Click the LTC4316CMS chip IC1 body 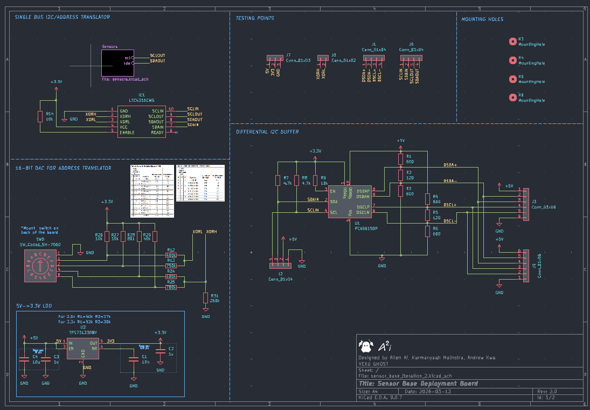tap(141, 121)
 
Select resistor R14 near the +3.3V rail tap(40, 116)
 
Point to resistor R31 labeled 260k tap(205, 298)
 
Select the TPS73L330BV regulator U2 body tap(83, 349)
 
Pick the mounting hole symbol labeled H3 tap(512, 41)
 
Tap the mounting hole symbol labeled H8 tap(512, 98)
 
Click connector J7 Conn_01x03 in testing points tap(275, 58)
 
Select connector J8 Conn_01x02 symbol tap(323, 58)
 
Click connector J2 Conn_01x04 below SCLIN tap(281, 265)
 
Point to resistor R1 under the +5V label tap(400, 159)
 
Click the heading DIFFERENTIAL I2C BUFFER tap(267, 132)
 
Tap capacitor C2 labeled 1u tap(160, 351)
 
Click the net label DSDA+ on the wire tap(450, 165)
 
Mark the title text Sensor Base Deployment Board tap(418, 384)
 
